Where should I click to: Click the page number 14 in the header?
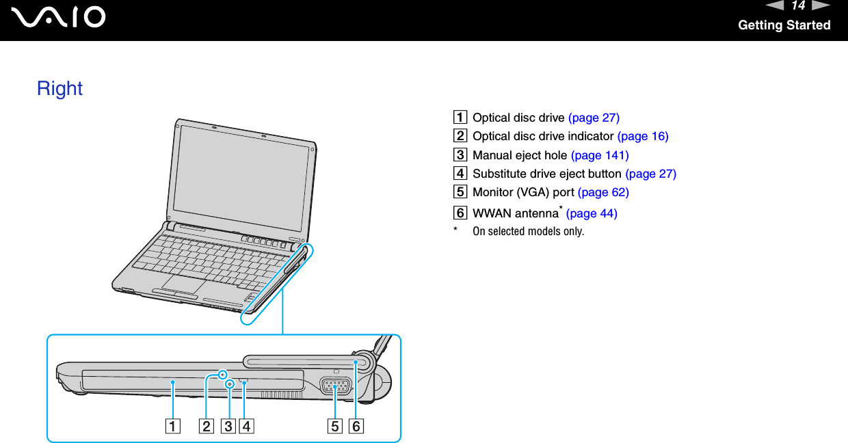(798, 6)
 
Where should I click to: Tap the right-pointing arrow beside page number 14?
(821, 6)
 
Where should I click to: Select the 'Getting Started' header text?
(784, 25)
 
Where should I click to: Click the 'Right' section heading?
(59, 88)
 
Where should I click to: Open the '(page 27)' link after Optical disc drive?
(594, 118)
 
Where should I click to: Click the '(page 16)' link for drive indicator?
(642, 136)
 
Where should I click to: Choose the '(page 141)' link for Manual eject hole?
(600, 155)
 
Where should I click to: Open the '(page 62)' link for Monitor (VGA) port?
(603, 192)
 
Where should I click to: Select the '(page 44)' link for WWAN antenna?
(592, 213)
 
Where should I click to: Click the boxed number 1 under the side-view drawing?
(172, 427)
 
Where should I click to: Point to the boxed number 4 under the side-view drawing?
(245, 427)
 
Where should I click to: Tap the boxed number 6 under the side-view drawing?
(356, 427)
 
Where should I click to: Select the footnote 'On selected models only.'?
(528, 231)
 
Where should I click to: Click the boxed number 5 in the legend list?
(463, 192)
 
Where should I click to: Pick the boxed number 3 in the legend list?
(463, 155)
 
